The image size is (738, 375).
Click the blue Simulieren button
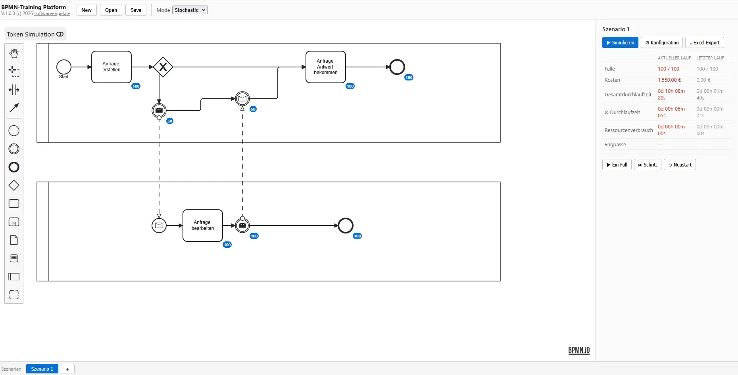click(x=620, y=42)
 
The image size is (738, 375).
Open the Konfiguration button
click(x=662, y=42)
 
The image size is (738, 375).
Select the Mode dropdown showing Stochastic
click(x=190, y=10)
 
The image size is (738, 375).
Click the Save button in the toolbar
click(x=136, y=10)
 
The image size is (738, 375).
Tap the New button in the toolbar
click(x=86, y=10)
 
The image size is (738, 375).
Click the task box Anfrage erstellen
click(x=111, y=67)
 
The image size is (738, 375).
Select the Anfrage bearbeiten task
click(x=203, y=226)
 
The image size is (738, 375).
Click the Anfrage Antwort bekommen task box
click(x=326, y=67)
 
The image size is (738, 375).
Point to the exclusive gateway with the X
click(x=163, y=67)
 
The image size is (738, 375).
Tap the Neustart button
click(x=680, y=165)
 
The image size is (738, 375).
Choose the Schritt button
click(x=648, y=165)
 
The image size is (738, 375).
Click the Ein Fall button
click(x=617, y=165)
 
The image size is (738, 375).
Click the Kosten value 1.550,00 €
click(x=669, y=80)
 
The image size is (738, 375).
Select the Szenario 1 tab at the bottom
click(x=42, y=369)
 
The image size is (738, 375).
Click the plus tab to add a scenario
click(x=67, y=369)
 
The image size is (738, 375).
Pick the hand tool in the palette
click(x=14, y=53)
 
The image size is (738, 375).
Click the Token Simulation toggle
click(x=35, y=34)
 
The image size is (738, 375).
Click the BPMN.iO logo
click(x=579, y=350)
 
